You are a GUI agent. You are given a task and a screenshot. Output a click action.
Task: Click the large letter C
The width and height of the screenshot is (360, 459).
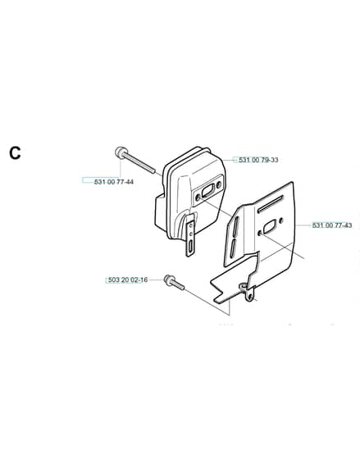[x=15, y=152]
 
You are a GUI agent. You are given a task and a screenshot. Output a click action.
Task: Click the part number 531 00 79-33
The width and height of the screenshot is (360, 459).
[x=258, y=160]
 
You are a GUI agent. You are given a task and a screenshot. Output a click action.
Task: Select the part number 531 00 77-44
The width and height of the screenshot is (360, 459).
[x=114, y=182]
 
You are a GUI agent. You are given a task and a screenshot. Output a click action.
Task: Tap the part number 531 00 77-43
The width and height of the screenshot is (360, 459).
[x=332, y=225]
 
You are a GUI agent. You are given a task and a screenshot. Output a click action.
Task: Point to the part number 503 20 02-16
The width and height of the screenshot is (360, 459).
[x=128, y=279]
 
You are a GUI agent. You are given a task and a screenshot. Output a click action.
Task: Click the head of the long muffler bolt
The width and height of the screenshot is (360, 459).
[x=121, y=152]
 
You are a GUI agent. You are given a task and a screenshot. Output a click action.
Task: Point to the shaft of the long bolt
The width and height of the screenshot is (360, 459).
[x=140, y=164]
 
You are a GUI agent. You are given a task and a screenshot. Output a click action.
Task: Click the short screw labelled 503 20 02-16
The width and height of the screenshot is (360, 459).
[x=174, y=282]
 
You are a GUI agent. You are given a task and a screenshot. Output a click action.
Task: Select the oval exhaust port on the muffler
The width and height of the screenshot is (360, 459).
[x=208, y=191]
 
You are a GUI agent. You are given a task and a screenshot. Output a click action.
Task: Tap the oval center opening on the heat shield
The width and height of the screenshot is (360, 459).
[x=270, y=226]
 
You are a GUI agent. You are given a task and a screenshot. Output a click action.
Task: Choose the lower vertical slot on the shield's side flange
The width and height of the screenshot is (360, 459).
[x=233, y=248]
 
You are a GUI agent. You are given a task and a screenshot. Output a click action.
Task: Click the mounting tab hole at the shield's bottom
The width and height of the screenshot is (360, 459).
[x=249, y=297]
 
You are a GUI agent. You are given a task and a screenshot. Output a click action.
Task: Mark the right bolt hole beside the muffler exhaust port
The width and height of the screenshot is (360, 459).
[x=218, y=184]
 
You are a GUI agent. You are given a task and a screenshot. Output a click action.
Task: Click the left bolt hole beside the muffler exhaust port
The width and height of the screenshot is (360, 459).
[x=198, y=198]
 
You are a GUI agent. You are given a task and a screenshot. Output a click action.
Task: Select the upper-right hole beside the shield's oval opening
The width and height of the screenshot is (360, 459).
[x=281, y=220]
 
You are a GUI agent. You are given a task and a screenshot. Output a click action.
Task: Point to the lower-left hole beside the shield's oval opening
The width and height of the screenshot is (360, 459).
[x=260, y=233]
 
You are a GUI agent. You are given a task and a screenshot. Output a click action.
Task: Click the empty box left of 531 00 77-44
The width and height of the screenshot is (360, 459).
[x=88, y=180]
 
